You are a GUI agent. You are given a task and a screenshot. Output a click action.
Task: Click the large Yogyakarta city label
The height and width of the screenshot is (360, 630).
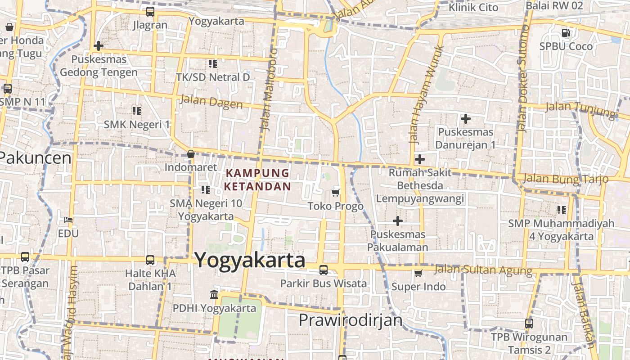pyautogui.click(x=250, y=261)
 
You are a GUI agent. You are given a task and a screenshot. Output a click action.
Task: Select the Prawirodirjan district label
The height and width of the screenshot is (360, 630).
pyautogui.click(x=350, y=320)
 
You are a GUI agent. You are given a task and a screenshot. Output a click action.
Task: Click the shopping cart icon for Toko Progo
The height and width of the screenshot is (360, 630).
pyautogui.click(x=335, y=193)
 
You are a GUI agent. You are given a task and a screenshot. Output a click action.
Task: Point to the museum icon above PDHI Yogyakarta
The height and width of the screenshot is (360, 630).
pyautogui.click(x=214, y=295)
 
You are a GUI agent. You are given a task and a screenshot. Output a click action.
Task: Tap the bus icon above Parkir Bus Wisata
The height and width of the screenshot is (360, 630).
pyautogui.click(x=323, y=270)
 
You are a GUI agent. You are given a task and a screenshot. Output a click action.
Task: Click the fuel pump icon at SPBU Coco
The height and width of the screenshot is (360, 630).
pyautogui.click(x=566, y=32)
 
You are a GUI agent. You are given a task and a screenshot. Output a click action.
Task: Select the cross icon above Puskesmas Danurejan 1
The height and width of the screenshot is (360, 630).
pyautogui.click(x=466, y=119)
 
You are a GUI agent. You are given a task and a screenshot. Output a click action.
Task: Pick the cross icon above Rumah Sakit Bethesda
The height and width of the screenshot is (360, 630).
pyautogui.click(x=419, y=159)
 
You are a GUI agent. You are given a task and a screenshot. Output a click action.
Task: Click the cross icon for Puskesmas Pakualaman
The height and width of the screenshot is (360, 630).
pyautogui.click(x=397, y=220)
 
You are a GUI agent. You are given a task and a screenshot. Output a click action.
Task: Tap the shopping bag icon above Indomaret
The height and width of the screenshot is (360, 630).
pyautogui.click(x=191, y=154)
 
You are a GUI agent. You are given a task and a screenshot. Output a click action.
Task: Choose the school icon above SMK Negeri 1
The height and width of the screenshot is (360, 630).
pyautogui.click(x=137, y=110)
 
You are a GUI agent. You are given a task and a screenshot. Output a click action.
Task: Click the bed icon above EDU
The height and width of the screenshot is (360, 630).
pyautogui.click(x=68, y=220)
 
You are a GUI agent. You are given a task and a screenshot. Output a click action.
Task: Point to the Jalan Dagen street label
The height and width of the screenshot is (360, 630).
pyautogui.click(x=211, y=102)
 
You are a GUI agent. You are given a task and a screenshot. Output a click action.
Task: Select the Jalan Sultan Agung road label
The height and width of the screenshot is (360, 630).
pyautogui.click(x=483, y=270)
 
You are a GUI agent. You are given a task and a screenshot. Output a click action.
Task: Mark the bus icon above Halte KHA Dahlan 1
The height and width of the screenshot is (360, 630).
pyautogui.click(x=150, y=260)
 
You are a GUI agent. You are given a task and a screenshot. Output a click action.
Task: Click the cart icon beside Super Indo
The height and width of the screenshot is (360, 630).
pyautogui.click(x=418, y=273)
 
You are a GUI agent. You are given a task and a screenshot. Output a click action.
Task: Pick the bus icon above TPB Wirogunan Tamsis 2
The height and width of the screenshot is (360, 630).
pyautogui.click(x=529, y=323)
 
